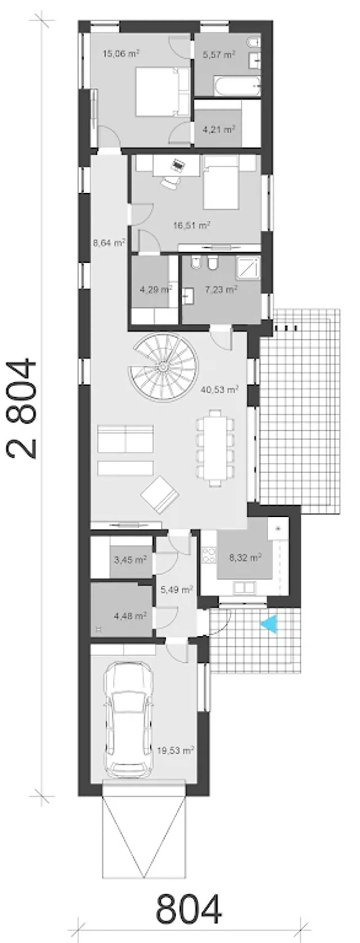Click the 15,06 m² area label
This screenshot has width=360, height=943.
121,54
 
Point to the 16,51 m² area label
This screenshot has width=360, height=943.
192,225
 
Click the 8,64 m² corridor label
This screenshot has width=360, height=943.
109,243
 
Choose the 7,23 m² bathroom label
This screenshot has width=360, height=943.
221,290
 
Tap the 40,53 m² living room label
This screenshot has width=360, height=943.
220,390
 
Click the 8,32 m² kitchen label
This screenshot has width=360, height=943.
245,558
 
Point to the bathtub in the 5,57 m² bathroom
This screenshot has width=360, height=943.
237,86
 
